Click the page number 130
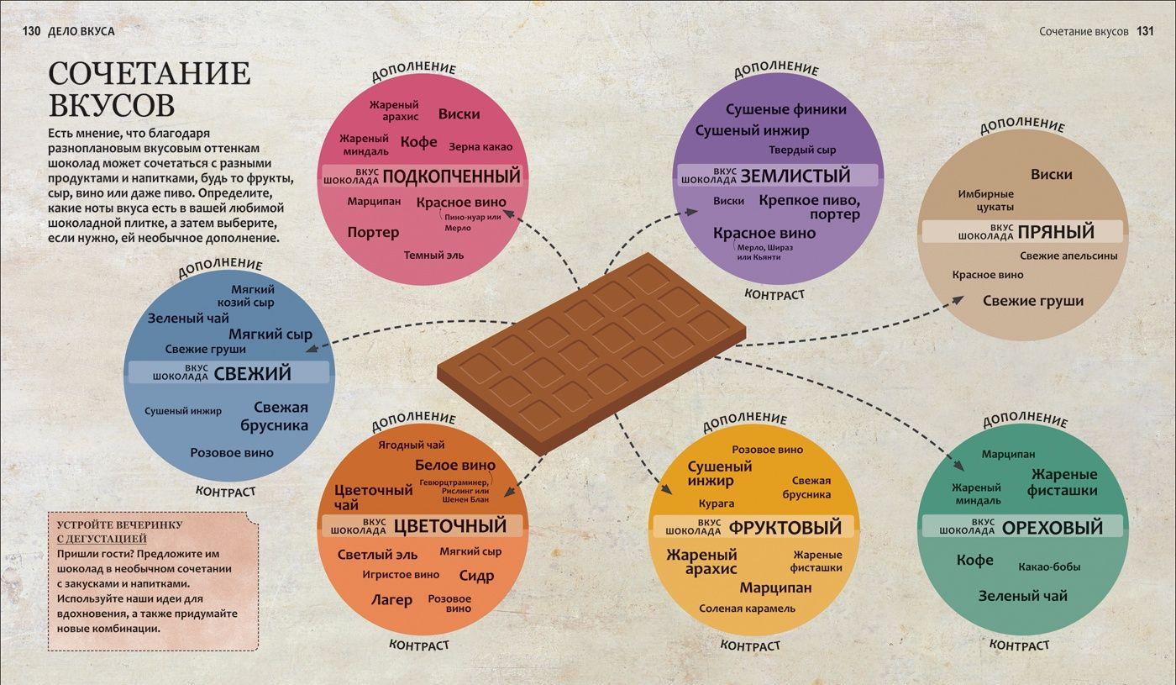coord(31,31)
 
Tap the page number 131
coord(1145,31)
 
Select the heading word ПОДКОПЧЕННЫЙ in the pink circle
coord(452,176)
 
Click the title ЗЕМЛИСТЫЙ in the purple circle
coord(795,176)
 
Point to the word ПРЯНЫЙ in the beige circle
coord(1056,231)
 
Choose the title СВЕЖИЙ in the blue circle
coord(253,373)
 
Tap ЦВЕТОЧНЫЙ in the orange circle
coord(450,525)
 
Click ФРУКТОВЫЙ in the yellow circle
coord(785,527)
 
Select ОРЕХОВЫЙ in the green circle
coord(1052,527)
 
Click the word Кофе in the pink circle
coord(418,142)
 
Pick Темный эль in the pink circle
coord(433,256)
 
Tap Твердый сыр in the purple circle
coord(802,150)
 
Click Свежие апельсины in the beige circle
coord(1068,256)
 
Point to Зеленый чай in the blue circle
coord(188,318)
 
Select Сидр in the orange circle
coord(476,577)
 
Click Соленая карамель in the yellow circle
coord(747,609)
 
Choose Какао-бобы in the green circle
coord(1049,566)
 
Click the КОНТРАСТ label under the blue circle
coord(225,492)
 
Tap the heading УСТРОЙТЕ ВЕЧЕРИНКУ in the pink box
coord(119,524)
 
